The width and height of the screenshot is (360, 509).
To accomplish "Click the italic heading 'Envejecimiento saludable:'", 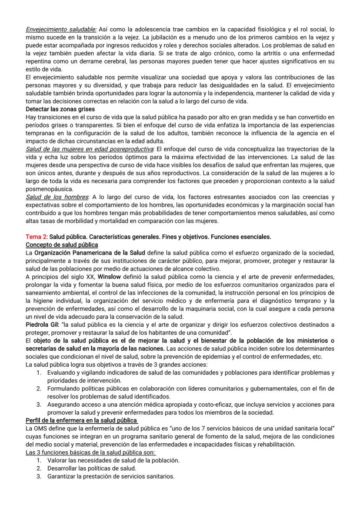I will coord(61,29).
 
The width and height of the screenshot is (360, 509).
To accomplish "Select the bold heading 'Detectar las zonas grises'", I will coord(60,109).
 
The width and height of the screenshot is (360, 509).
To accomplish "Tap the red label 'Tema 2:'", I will coord(37,237).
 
